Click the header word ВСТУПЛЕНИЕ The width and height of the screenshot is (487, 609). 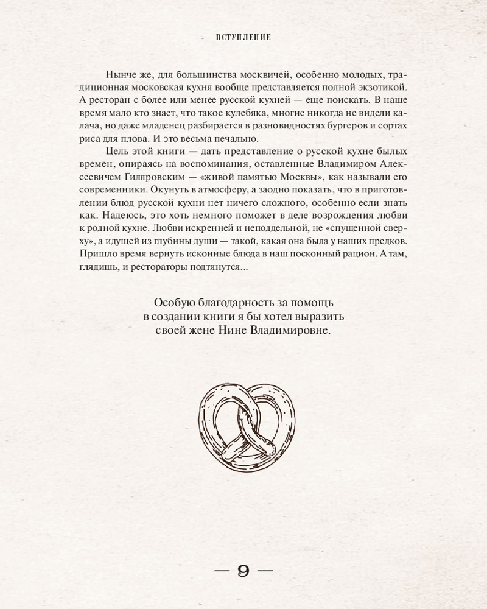click(243, 37)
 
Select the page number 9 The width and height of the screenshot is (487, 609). click(243, 571)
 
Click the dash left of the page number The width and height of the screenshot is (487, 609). click(219, 571)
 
